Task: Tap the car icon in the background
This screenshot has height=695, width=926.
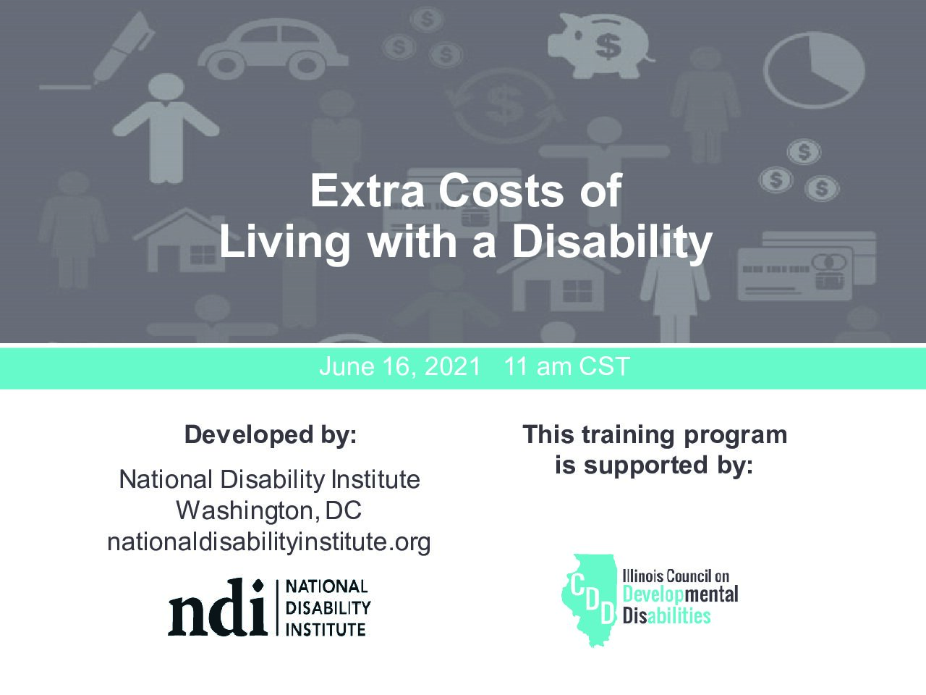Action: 273,49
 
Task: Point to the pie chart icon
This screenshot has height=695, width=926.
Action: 814,70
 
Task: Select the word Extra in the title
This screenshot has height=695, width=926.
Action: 367,190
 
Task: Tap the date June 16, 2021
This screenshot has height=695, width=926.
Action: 400,366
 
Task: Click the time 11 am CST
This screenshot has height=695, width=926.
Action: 567,366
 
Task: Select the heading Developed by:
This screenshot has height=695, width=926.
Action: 271,434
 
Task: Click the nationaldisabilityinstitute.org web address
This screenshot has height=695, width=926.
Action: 269,542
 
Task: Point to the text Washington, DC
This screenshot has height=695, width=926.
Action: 268,510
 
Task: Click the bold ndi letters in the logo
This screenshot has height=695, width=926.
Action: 218,607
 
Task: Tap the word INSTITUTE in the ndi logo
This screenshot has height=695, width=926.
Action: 326,630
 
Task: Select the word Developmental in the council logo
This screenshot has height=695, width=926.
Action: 681,594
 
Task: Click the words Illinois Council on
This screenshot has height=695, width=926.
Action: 676,576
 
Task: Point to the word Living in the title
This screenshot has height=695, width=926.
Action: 285,243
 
